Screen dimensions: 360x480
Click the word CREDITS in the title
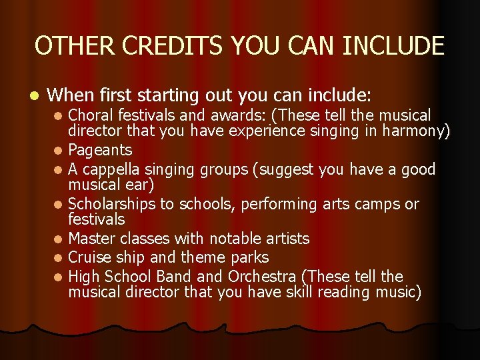[159, 46]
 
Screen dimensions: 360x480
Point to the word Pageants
[100, 151]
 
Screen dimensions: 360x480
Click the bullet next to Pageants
[59, 151]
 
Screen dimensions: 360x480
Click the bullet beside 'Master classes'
[59, 239]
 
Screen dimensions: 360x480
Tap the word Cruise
[89, 257]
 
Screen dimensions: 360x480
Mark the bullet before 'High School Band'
[59, 277]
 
